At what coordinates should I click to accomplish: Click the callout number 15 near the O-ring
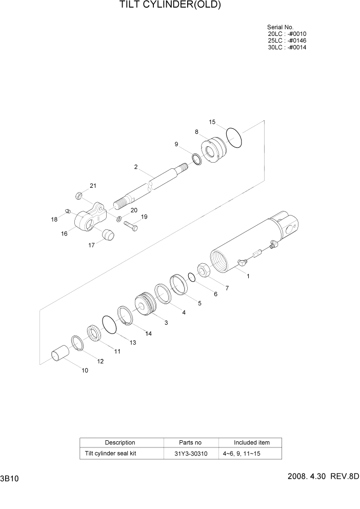[x=212, y=122]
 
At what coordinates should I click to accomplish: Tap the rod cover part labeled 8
[x=212, y=150]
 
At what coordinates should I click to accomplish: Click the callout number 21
[x=93, y=186]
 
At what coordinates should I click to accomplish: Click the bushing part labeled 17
[x=107, y=234]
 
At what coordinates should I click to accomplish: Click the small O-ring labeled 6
[x=191, y=278]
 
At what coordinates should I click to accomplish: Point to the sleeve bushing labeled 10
[x=60, y=355]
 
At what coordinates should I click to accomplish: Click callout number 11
[x=117, y=351]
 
